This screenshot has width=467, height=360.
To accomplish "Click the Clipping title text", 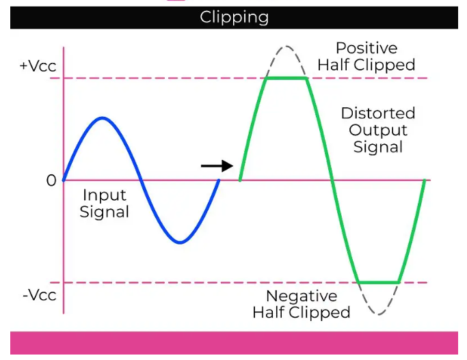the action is [234, 17].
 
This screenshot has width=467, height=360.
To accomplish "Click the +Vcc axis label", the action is [37, 66].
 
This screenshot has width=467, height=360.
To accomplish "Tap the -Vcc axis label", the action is [38, 296].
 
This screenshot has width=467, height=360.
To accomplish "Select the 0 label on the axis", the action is [51, 181].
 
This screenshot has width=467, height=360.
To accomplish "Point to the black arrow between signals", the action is [217, 165].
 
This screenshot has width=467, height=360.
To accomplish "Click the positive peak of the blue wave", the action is [102, 118].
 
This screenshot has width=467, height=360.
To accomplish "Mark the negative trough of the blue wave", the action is [180, 242].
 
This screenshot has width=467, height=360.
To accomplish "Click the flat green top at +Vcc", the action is [287, 78].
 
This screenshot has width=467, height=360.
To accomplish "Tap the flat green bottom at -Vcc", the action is [379, 282].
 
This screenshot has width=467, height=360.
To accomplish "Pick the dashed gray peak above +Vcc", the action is [287, 46].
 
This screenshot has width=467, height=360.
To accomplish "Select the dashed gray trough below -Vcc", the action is [379, 314].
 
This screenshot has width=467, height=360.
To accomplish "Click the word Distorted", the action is [377, 113].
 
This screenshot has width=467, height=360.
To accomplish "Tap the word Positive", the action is [366, 49].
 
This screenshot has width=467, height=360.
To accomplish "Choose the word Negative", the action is [302, 296].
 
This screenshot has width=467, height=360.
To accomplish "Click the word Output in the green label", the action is [377, 130].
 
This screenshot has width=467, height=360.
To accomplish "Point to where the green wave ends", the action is [425, 180].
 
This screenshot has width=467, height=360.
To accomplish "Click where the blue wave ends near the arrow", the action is [218, 180].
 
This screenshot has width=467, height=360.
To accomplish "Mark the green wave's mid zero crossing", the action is [332, 180].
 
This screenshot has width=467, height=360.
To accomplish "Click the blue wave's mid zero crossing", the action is [141, 180].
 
